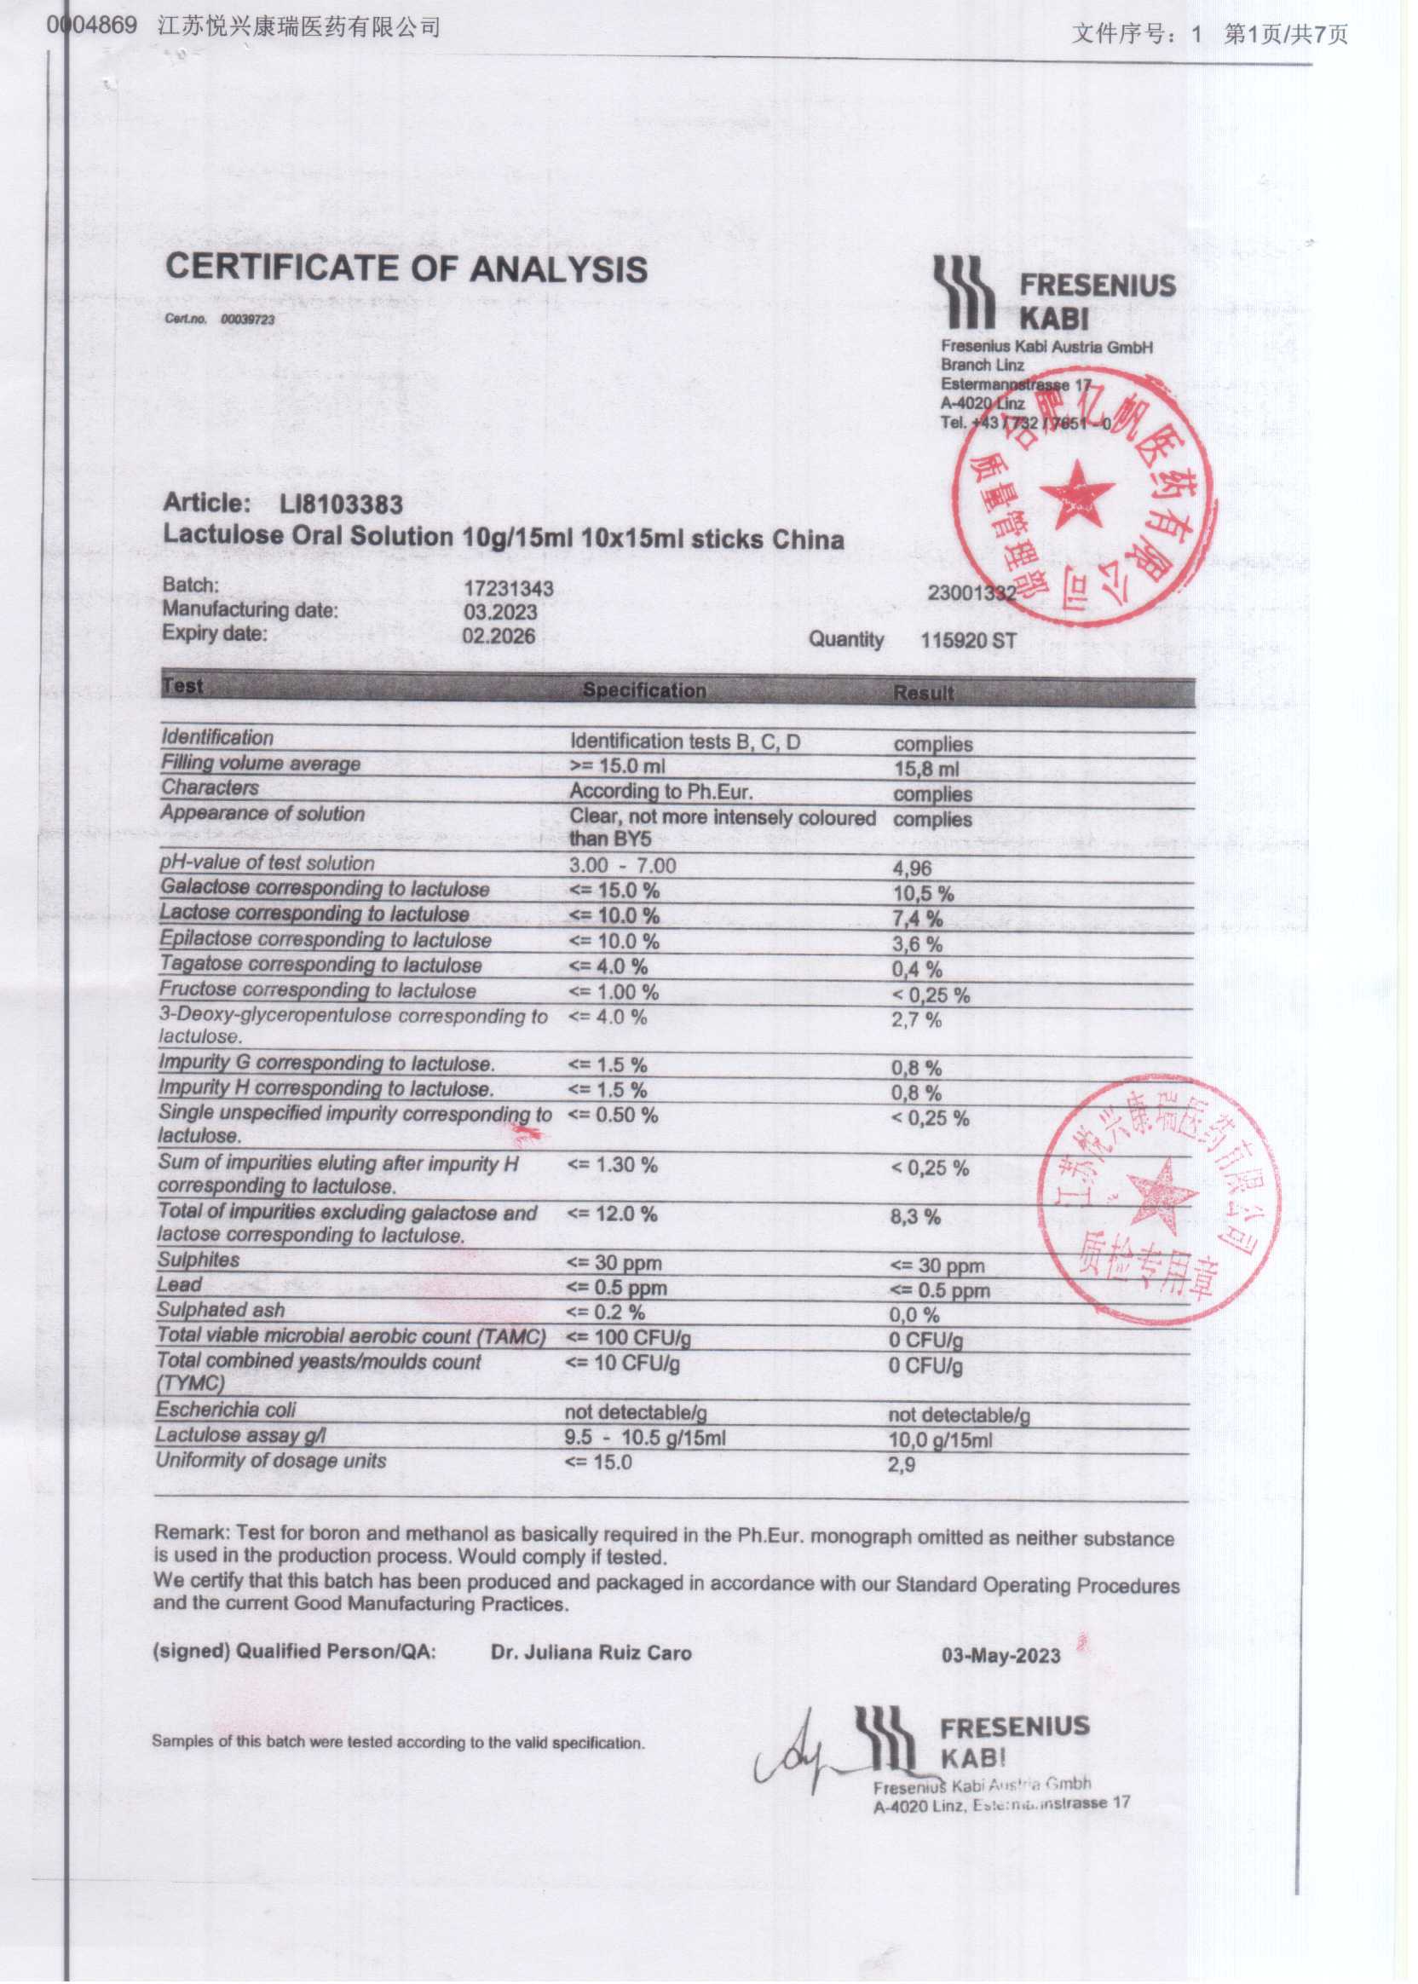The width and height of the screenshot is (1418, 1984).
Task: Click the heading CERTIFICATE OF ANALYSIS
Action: pyautogui.click(x=406, y=269)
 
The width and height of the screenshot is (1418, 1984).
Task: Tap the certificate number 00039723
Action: pyautogui.click(x=247, y=320)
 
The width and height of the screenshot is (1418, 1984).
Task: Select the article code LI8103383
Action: pyautogui.click(x=342, y=504)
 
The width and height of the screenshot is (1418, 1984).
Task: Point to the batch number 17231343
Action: pyautogui.click(x=508, y=590)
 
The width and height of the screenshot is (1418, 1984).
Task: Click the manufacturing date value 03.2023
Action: pyautogui.click(x=500, y=613)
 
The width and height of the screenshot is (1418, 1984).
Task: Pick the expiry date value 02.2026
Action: pyautogui.click(x=499, y=636)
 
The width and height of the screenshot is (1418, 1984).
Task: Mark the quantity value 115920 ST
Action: pyautogui.click(x=968, y=641)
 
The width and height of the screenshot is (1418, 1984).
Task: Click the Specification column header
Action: pyautogui.click(x=644, y=689)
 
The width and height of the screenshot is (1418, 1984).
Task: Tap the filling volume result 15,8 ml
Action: pyautogui.click(x=925, y=770)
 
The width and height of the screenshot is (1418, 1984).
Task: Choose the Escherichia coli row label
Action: pyautogui.click(x=226, y=1410)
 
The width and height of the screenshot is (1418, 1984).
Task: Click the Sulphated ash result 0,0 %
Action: pyautogui.click(x=914, y=1315)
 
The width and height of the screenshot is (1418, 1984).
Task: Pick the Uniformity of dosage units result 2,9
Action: pyautogui.click(x=902, y=1464)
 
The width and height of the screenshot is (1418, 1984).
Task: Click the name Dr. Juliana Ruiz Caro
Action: pyautogui.click(x=591, y=1653)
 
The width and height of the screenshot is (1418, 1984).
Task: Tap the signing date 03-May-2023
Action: pyautogui.click(x=1001, y=1656)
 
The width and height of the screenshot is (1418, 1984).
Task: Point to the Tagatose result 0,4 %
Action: pyautogui.click(x=916, y=969)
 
